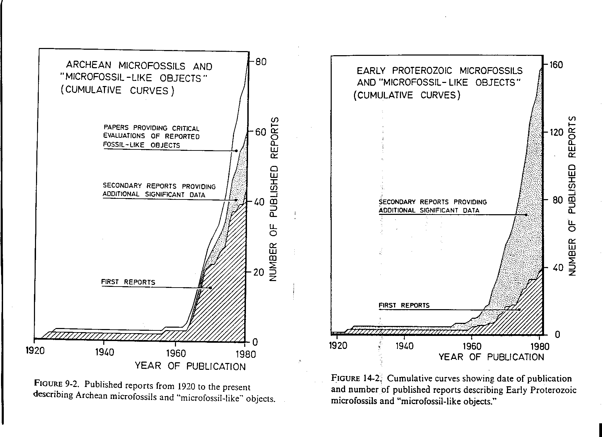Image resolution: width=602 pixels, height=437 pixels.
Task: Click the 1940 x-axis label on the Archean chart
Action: tap(104, 352)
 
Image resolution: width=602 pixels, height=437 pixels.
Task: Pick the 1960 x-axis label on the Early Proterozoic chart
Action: tap(472, 346)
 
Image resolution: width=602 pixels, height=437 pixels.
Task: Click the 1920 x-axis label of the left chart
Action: tap(35, 352)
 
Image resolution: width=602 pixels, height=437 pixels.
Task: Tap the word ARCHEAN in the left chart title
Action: tap(89, 65)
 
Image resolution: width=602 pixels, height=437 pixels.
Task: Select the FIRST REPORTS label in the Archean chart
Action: tap(128, 282)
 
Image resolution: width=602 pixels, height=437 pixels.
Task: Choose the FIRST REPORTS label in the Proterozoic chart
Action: tap(404, 305)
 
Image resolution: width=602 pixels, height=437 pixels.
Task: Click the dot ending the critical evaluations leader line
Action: tap(236, 151)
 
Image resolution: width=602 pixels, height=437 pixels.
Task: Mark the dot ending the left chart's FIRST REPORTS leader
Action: tap(210, 288)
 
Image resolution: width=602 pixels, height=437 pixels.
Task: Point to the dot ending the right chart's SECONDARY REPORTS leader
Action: tap(526, 215)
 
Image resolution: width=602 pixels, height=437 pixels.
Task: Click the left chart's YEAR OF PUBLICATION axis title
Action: tap(190, 366)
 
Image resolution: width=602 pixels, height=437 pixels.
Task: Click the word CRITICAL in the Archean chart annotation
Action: tap(185, 129)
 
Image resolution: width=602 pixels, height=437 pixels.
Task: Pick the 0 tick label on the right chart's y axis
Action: tap(557, 335)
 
